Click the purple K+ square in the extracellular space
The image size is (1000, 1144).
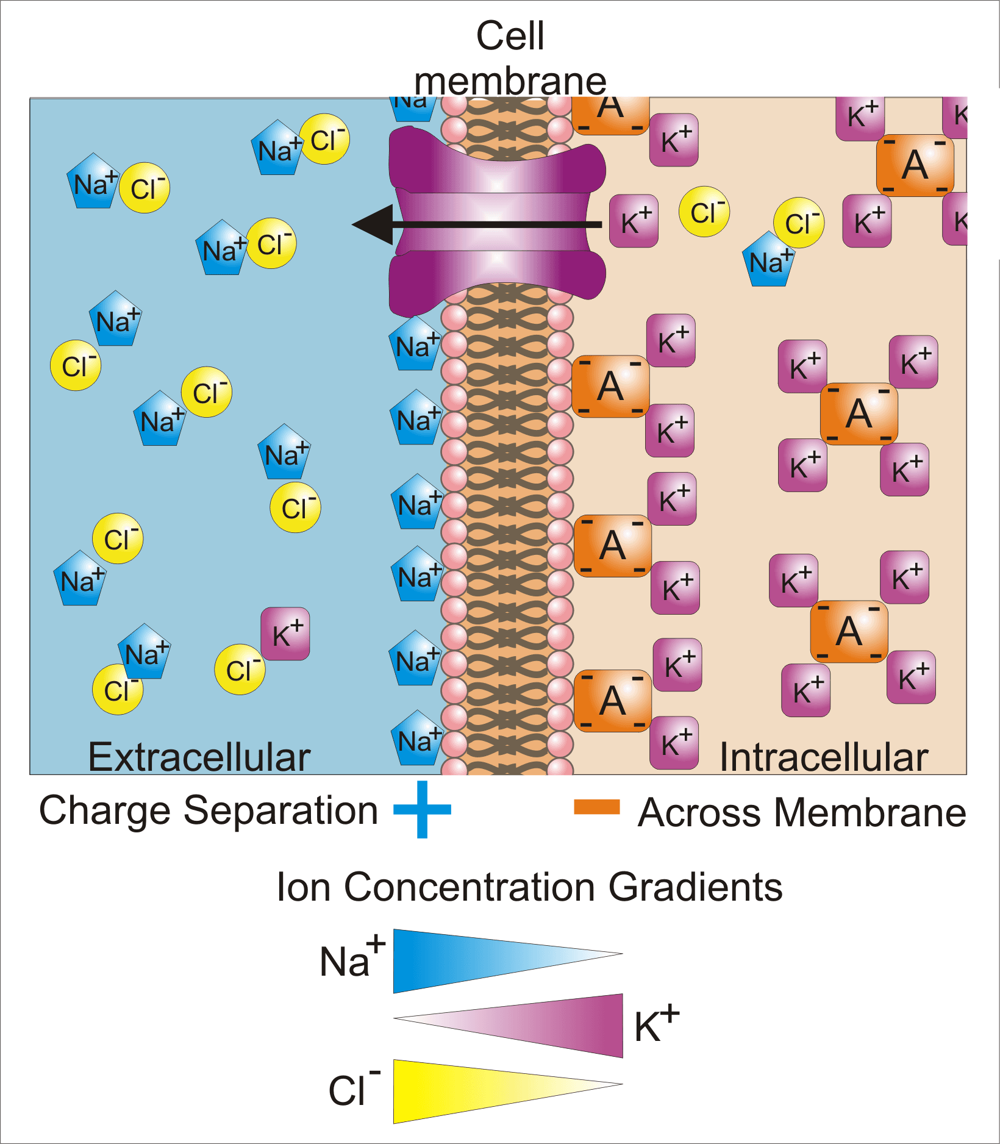285,634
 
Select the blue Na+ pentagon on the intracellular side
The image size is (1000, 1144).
769,260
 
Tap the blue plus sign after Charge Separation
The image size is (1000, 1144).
422,809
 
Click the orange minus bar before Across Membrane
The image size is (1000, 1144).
597,806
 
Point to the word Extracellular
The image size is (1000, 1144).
199,757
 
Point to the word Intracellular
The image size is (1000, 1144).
824,757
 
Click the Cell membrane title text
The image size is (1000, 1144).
510,58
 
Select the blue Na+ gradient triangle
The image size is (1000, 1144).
463,960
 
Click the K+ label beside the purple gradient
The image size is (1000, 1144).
656,1024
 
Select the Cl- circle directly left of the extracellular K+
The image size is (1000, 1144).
240,670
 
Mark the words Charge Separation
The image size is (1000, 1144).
209,810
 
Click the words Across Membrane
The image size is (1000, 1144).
802,813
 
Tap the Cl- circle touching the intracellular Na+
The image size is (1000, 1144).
799,223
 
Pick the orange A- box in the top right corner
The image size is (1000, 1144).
915,165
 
